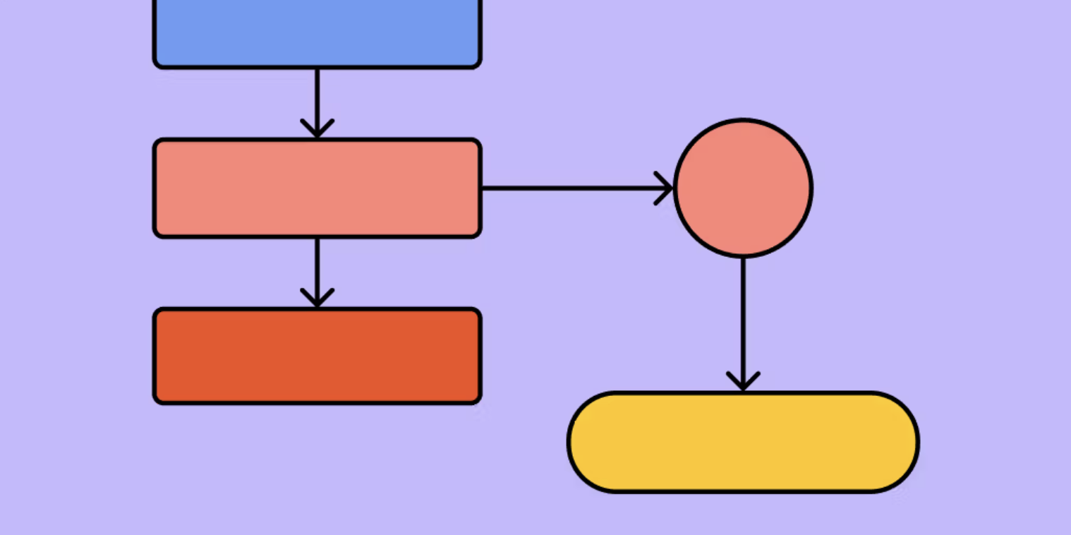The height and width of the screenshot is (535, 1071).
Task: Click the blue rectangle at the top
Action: coord(317,32)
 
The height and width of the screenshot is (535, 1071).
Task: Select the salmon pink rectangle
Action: coord(317,188)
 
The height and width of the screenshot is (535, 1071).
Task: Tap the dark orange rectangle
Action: coord(317,356)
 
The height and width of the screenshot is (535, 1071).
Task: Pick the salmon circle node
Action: coord(743,188)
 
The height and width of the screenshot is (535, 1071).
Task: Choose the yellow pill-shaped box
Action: coord(743,442)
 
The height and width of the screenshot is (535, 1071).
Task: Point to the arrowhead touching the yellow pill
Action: coord(743,381)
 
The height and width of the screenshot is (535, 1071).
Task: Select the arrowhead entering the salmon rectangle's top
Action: coord(317,128)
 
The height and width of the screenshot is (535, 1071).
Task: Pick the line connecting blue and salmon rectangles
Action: coord(317,95)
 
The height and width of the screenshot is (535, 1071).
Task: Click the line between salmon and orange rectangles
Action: coord(317,265)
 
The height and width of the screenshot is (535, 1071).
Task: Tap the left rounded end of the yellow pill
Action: coord(586,442)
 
